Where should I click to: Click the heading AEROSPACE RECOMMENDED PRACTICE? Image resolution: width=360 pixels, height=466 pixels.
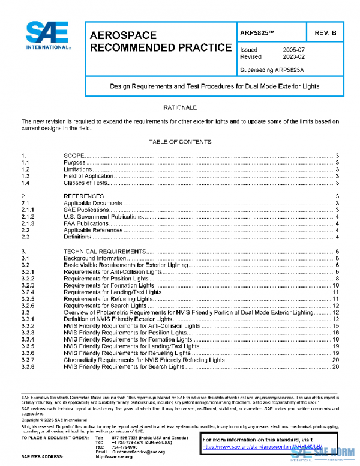tap(160, 41)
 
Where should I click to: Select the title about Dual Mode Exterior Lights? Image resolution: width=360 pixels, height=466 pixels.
tap(214, 86)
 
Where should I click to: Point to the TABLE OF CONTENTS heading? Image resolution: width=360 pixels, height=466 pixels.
tap(180, 142)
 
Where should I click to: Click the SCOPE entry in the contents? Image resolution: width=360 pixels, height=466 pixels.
tap(74, 156)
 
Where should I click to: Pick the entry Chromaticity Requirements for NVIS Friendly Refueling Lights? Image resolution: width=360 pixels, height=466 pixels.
tap(143, 360)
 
